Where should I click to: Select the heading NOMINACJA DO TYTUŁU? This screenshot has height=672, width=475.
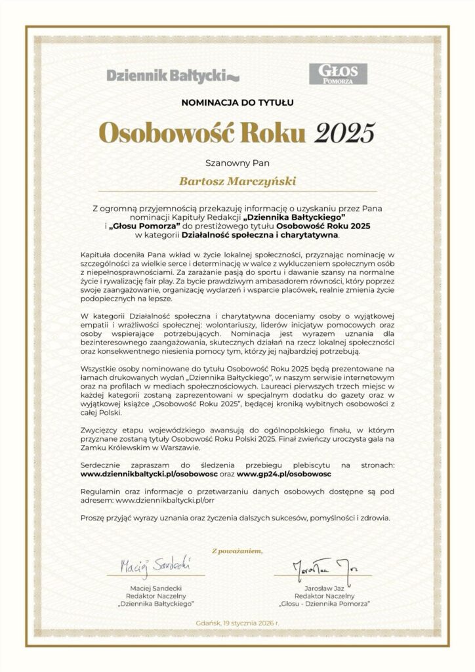(237, 102)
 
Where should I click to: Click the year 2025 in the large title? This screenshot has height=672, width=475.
(344, 131)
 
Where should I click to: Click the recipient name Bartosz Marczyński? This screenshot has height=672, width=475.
(237, 178)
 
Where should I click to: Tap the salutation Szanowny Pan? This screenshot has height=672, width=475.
(237, 160)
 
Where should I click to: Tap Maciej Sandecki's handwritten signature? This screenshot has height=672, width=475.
(155, 564)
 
